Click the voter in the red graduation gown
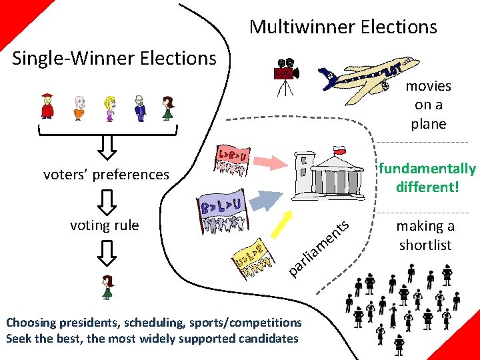click(x=47, y=106)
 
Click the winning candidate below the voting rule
click(x=106, y=287)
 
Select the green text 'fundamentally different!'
click(x=427, y=177)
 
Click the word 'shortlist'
click(x=425, y=245)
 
